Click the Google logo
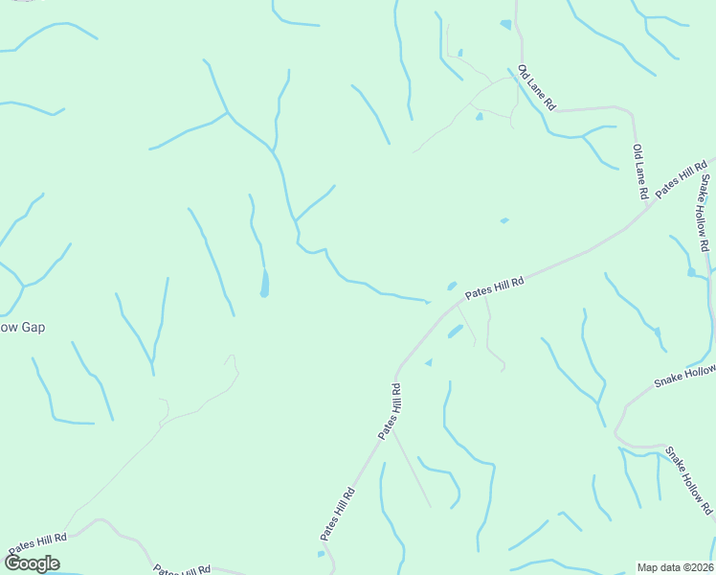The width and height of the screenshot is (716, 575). pos(32,563)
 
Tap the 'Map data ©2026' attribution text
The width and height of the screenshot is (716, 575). pos(675,567)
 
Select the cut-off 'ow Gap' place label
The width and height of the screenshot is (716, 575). pos(22,328)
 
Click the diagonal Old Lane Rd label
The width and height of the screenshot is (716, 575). pos(536,88)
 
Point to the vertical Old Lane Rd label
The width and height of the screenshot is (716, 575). pos(640,172)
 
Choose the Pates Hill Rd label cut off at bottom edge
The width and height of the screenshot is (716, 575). pos(182,569)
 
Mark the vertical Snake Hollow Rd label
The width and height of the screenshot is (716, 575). pos(705,213)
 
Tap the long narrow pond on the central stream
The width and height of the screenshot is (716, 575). pos(264,283)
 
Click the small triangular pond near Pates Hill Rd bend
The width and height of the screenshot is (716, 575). pos(429,362)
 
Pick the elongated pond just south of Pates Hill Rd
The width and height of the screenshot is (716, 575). pos(456,332)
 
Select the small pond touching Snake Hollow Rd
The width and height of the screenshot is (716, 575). pos(691,272)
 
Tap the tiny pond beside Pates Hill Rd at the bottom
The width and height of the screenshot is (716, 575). pos(321,554)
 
